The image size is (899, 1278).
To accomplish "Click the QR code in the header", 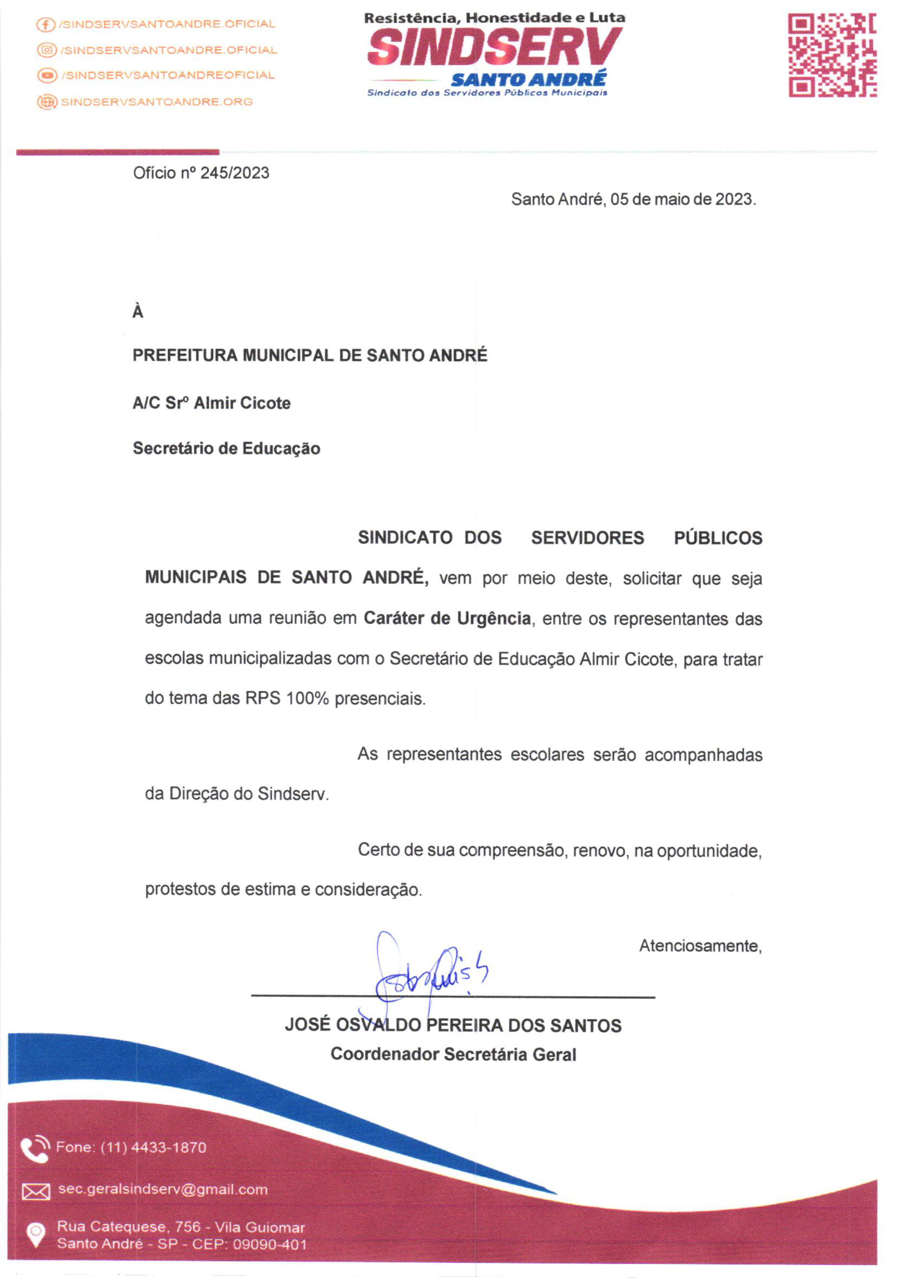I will (x=831, y=56).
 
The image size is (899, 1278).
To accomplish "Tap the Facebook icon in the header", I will (x=45, y=25).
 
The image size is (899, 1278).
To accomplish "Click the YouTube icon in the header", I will (x=47, y=75).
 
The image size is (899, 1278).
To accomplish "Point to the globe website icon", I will (x=47, y=102).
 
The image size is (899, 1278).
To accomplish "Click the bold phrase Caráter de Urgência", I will (x=447, y=618).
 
